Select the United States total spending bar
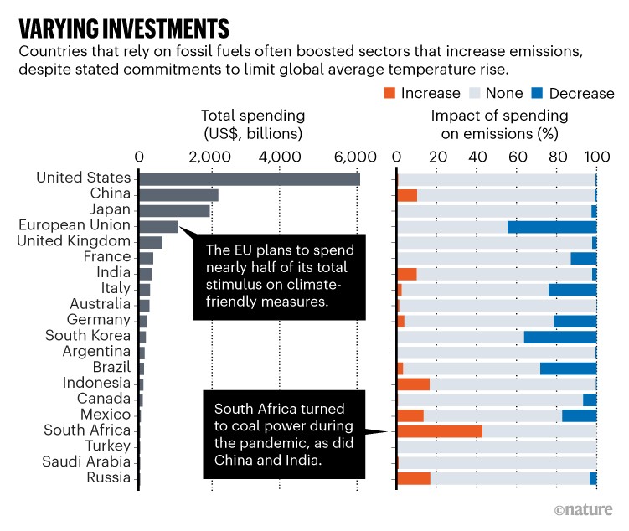click(x=249, y=178)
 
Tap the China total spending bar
click(x=178, y=194)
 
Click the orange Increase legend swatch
click(x=390, y=93)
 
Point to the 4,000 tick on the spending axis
click(x=286, y=155)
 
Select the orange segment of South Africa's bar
click(x=440, y=431)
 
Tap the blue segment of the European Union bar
click(x=552, y=226)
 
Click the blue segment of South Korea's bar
click(x=560, y=337)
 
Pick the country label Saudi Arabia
click(x=88, y=462)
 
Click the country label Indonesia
click(x=96, y=384)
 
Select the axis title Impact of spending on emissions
click(x=499, y=124)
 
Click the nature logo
click(x=583, y=509)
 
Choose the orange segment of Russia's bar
click(x=414, y=478)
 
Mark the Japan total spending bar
click(x=174, y=210)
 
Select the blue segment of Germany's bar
click(x=575, y=321)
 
